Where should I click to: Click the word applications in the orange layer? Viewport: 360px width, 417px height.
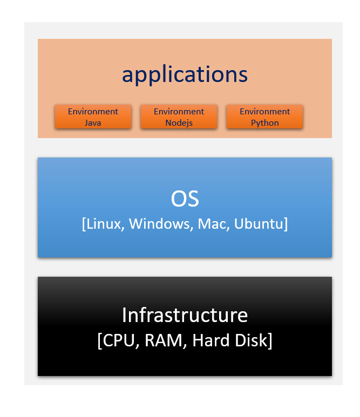[x=185, y=75]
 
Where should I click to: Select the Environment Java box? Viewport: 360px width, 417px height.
[x=93, y=117]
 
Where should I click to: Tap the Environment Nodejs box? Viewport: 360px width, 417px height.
[x=179, y=117]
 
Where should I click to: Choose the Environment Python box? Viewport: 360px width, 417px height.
[x=264, y=117]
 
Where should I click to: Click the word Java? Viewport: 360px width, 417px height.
[x=93, y=122]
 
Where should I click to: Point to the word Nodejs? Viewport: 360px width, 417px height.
[x=179, y=122]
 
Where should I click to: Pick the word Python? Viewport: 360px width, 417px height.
[x=264, y=122]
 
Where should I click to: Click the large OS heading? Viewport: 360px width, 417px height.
[x=185, y=199]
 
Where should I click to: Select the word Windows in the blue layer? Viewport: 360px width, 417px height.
[x=159, y=223]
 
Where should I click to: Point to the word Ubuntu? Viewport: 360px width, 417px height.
[x=259, y=223]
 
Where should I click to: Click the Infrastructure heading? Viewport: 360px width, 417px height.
[x=185, y=315]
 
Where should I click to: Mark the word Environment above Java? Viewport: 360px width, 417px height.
[x=93, y=112]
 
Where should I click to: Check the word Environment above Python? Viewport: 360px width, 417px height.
[x=264, y=112]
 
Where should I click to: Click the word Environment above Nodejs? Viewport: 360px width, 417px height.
[x=179, y=112]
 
